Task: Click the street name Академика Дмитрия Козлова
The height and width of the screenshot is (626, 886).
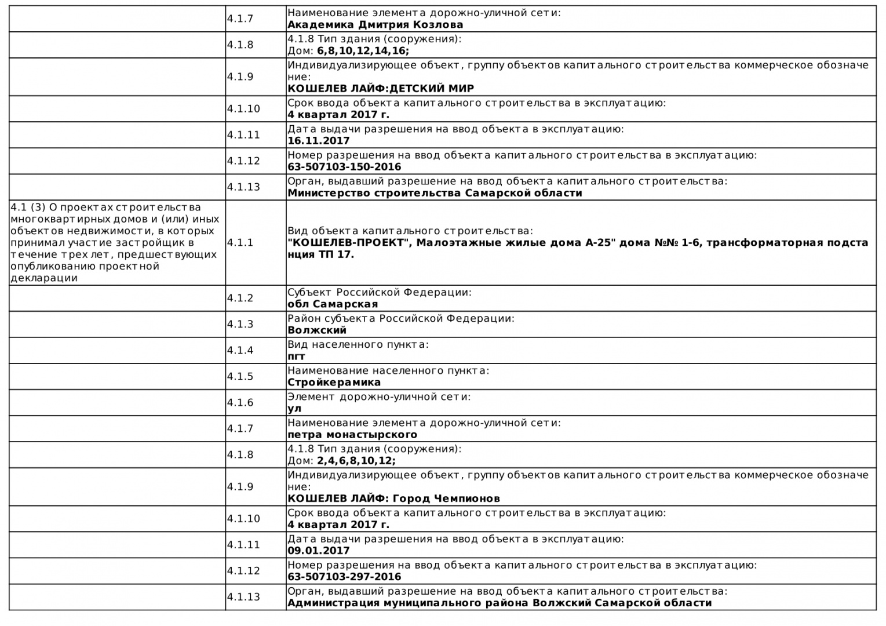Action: point(375,25)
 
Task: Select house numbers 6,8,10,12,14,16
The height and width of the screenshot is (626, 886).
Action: point(363,51)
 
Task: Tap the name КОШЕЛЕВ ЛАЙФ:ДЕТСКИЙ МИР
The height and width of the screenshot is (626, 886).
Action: point(381,89)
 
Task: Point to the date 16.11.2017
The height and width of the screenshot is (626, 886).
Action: point(319,141)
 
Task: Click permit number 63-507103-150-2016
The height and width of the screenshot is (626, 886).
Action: point(344,167)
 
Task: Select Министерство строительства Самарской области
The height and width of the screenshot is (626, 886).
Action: point(435,193)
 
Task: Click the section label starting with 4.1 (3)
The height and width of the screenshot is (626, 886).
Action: point(115,242)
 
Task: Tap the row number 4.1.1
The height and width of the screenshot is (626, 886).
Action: point(240,242)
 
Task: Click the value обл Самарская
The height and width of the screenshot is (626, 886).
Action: point(333,304)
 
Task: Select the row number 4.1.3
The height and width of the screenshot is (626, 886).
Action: point(240,324)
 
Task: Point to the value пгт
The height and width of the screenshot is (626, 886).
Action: point(296,356)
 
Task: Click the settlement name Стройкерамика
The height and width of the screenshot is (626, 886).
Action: point(334,383)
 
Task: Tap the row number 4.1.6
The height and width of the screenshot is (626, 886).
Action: point(240,402)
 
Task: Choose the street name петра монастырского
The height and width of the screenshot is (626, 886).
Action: point(352,435)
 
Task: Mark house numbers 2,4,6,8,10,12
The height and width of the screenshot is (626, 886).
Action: point(356,461)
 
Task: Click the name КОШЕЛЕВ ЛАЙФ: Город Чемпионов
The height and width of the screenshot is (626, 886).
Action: point(393,498)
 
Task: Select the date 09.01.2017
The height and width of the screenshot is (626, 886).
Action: point(319,551)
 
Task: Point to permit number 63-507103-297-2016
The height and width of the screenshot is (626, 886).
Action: point(344,577)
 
